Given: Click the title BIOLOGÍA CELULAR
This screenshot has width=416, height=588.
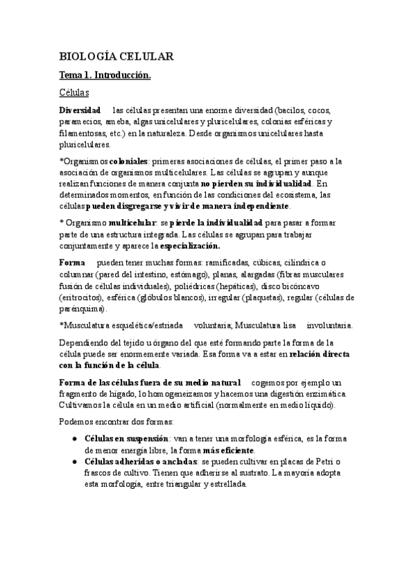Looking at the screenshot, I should pos(116,57).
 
